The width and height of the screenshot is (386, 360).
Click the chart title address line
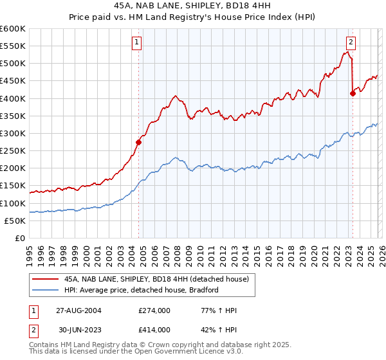(x=192, y=6)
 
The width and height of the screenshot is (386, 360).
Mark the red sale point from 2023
(x=353, y=93)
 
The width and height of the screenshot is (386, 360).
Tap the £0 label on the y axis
(x=21, y=238)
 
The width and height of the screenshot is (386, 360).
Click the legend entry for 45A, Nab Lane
(x=160, y=278)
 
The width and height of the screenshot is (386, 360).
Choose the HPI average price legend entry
(x=142, y=290)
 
